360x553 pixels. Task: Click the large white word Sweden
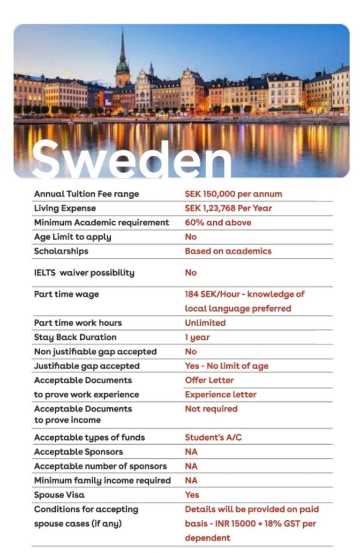point(131,157)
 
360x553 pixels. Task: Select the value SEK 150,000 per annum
point(233,194)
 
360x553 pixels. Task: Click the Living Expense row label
point(65,208)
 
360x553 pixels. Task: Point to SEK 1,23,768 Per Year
point(228,208)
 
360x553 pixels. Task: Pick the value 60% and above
point(218,223)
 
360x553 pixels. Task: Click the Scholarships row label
point(61,251)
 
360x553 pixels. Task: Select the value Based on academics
point(228,251)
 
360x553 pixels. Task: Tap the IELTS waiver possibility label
point(84,273)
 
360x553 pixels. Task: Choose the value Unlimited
point(205,323)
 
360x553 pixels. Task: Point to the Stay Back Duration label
point(75,337)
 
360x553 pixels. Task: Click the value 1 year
point(197,337)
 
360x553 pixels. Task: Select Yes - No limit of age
point(226,366)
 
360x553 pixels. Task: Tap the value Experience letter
point(220,395)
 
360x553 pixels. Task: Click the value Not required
point(211,409)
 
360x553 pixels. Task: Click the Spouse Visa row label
point(59,495)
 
